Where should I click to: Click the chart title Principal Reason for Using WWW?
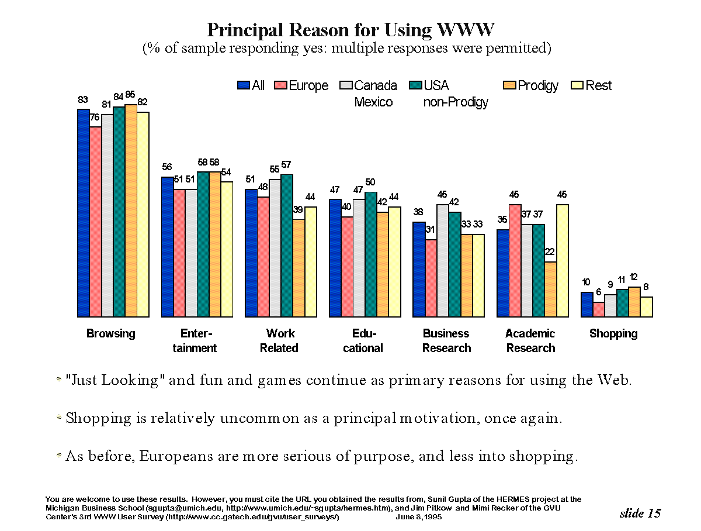pos(351,30)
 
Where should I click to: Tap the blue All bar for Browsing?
pos(84,213)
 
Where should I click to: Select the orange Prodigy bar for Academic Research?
pos(550,289)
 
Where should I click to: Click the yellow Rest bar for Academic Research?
pos(563,261)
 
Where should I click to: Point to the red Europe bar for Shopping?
pos(598,309)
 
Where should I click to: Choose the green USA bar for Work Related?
pos(287,246)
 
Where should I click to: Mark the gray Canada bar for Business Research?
pos(443,261)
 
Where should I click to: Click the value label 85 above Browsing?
pos(130,95)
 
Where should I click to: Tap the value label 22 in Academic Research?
pos(550,252)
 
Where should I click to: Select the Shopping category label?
pos(613,334)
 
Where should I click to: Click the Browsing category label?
pos(110,334)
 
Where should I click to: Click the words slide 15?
pos(640,513)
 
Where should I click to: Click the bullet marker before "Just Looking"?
pos(58,380)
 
